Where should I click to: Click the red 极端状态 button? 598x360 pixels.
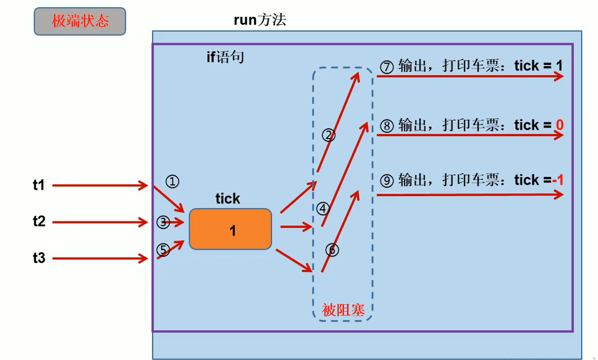pos(80,21)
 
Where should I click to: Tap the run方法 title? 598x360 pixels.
pos(260,20)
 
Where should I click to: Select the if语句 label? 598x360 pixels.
pos(225,58)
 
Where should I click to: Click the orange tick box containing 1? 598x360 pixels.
pos(231,229)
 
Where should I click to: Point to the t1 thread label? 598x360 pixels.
pos(39,185)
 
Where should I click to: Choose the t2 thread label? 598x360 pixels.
pos(39,222)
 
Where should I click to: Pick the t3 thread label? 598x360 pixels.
pos(39,258)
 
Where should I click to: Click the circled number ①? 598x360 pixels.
pos(172,182)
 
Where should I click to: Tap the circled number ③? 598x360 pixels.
pos(163,222)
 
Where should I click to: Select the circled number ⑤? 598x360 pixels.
pos(163,250)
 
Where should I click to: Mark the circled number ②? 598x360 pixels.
pos(329,135)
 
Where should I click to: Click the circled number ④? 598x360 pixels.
pos(323,209)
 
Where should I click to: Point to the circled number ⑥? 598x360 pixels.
pos(333,250)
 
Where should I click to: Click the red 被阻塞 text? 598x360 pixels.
pos(344,311)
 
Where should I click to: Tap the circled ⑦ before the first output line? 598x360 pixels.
pos(387,67)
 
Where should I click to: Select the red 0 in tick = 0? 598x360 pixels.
pos(560,125)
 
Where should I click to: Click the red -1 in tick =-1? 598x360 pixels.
pos(557,180)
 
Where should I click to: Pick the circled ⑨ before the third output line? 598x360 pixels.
pos(387,181)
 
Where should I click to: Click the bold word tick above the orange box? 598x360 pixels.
pos(228,199)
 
